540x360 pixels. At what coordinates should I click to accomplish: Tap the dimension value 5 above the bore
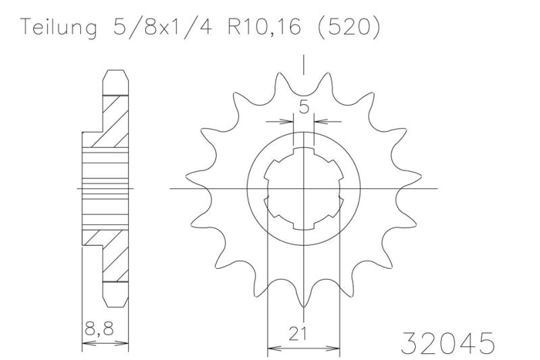coord(304,107)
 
